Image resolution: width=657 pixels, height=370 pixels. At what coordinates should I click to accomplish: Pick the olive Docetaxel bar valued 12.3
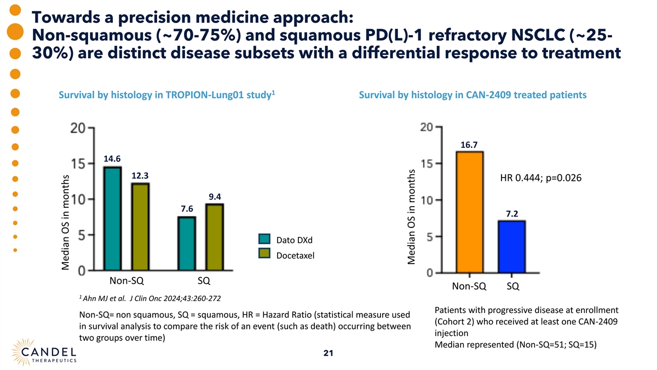pyautogui.click(x=140, y=226)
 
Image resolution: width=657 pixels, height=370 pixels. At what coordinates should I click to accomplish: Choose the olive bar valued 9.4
pyautogui.click(x=215, y=237)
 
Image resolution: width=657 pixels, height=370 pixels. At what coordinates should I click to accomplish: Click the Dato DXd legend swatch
pyautogui.click(x=264, y=240)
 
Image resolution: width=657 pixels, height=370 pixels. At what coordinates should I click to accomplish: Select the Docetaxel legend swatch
pyautogui.click(x=264, y=253)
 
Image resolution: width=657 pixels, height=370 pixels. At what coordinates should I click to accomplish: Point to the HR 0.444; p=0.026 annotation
pyautogui.click(x=540, y=178)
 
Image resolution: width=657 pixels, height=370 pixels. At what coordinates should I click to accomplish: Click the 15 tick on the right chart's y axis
pyautogui.click(x=427, y=163)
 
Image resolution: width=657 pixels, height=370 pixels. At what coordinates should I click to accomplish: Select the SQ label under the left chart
pyautogui.click(x=204, y=281)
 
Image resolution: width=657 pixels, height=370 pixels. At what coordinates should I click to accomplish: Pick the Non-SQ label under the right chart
pyautogui.click(x=469, y=286)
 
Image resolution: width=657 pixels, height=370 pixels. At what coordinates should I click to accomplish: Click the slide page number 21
pyautogui.click(x=328, y=353)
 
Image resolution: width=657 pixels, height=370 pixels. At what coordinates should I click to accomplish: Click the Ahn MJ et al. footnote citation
pyautogui.click(x=151, y=298)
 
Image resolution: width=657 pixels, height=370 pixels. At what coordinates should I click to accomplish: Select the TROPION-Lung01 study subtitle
pyautogui.click(x=166, y=95)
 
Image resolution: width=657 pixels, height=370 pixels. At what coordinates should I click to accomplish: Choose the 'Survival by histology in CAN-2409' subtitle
pyautogui.click(x=472, y=95)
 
